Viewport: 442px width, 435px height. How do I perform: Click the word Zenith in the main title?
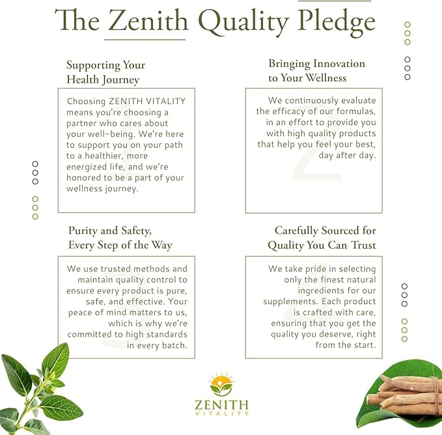tap(148, 20)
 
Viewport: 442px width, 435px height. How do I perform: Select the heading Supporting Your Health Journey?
tap(105, 72)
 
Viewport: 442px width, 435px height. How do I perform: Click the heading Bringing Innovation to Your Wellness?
tap(316, 70)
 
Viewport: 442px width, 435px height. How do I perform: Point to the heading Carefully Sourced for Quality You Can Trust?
tap(322, 238)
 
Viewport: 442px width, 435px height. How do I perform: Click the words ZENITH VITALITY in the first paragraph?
tap(147, 101)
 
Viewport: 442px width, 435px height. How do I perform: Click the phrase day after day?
tap(348, 156)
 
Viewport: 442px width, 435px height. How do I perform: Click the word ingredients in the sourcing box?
tap(321, 290)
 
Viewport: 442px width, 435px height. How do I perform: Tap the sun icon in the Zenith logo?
tap(221, 383)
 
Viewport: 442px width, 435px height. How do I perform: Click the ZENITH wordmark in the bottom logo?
tap(221, 405)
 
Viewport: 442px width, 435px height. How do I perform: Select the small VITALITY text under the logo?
tap(221, 414)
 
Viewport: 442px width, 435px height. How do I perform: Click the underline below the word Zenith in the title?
tap(145, 40)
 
